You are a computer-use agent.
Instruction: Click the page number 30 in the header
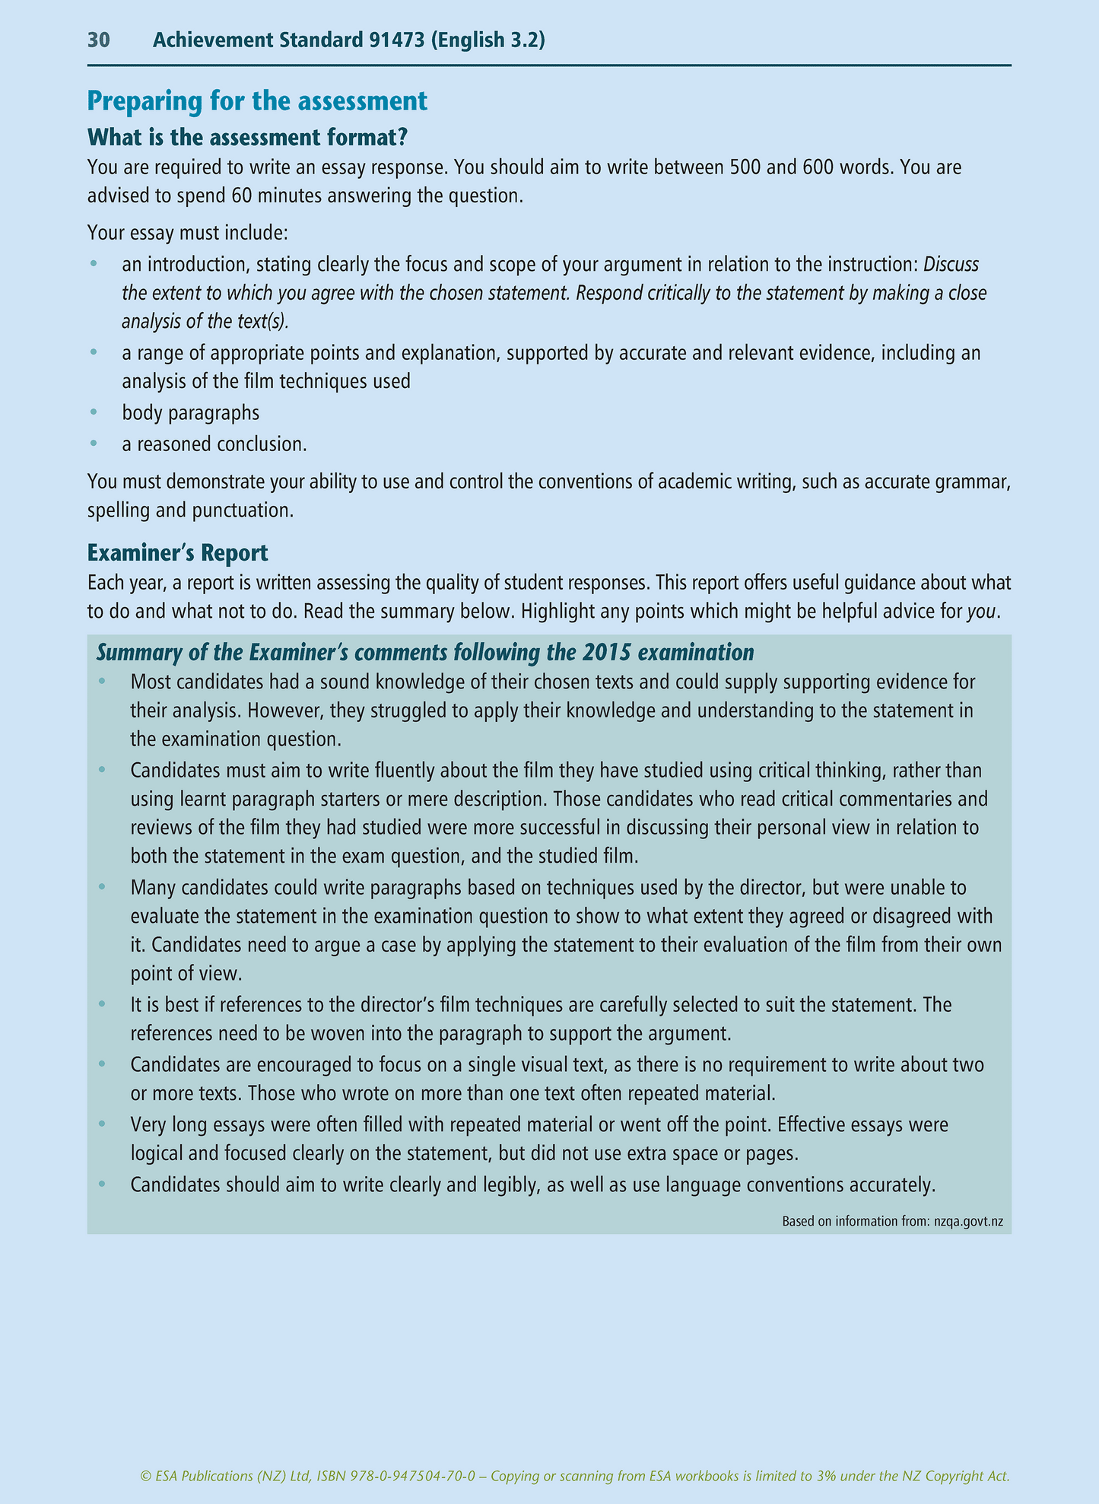click(99, 40)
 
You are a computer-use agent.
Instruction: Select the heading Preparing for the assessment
click(258, 101)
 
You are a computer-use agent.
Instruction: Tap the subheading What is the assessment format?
click(248, 137)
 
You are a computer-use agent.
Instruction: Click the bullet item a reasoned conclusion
click(214, 444)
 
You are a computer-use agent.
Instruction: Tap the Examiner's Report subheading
click(178, 552)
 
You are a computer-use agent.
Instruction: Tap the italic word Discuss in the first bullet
click(951, 265)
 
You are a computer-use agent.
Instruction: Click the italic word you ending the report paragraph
click(981, 612)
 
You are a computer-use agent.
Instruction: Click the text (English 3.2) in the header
click(488, 40)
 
